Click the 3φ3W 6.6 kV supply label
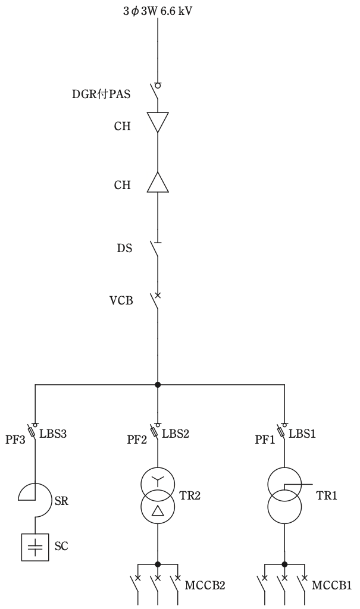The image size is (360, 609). [x=158, y=11]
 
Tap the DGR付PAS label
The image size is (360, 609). [x=101, y=95]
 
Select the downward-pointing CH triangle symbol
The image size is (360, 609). [x=158, y=122]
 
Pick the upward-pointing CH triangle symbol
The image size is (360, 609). [x=158, y=182]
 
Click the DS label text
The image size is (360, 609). [x=124, y=248]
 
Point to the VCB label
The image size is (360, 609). [x=121, y=300]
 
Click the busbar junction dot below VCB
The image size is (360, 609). [x=158, y=385]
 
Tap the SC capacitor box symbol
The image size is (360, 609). [x=35, y=547]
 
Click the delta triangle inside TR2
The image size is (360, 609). [x=158, y=510]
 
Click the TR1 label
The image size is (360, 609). [x=326, y=495]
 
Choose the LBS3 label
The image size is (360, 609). [x=54, y=434]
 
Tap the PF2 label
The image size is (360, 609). [x=137, y=440]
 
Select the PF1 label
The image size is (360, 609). [x=265, y=440]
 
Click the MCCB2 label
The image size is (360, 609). [x=205, y=585]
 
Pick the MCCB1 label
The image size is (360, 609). [x=331, y=585]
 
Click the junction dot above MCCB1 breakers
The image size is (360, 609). [x=284, y=564]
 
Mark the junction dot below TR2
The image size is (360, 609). [x=158, y=564]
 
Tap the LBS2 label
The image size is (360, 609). [x=176, y=434]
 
